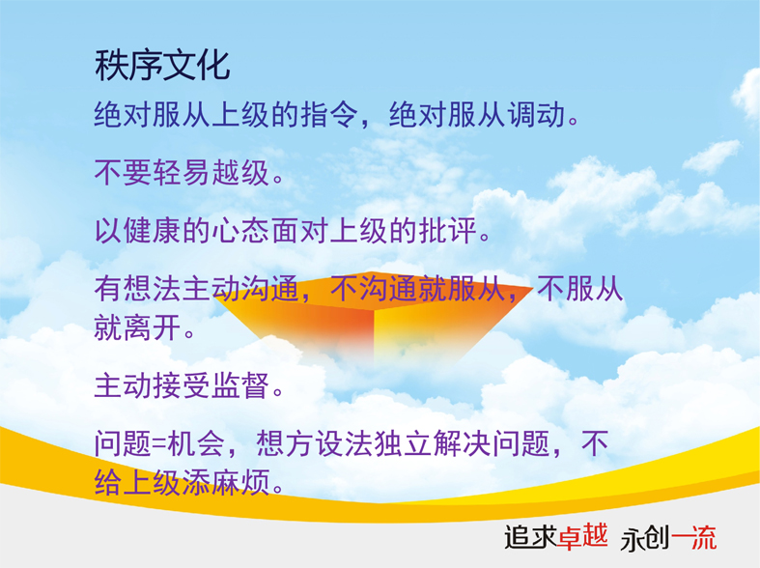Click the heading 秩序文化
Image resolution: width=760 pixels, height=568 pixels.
[162, 66]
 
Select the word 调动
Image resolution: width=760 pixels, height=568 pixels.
[537, 115]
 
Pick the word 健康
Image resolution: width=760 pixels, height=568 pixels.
[153, 230]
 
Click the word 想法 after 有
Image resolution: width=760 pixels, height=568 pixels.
[153, 289]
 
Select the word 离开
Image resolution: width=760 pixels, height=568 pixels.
[153, 327]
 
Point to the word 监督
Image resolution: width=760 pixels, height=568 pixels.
[240, 385]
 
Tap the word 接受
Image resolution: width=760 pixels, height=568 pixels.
[182, 385]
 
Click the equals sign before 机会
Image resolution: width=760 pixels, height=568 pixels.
[159, 444]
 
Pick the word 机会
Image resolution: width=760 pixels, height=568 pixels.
[196, 443]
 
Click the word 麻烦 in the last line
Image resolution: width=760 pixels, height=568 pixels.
[240, 482]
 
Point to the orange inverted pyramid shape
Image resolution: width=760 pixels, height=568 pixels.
[373, 315]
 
